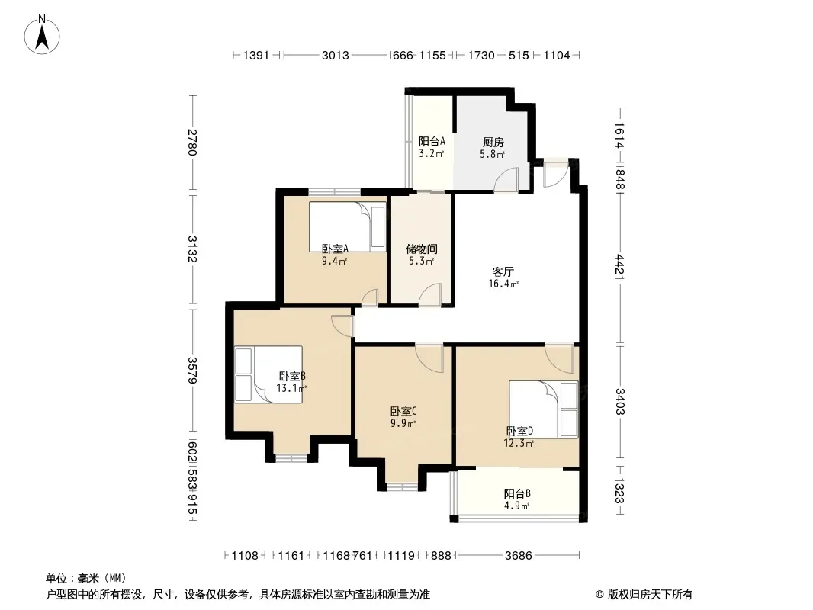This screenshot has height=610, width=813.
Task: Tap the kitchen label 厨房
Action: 493,142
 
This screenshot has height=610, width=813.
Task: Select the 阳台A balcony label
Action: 432,142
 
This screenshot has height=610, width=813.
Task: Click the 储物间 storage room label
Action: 421,249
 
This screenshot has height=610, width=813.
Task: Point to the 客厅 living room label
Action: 503,271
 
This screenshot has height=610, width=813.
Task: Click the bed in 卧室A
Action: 347,226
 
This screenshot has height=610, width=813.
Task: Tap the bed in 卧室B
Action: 268,374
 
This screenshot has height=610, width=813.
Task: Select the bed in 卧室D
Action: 543,409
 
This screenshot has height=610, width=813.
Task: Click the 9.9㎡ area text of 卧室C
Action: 403,423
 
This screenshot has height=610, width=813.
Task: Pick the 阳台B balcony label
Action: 517,494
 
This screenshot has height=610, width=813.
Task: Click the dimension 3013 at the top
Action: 335,55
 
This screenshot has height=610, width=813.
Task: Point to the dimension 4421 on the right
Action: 619,267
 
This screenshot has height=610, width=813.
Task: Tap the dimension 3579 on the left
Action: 192,370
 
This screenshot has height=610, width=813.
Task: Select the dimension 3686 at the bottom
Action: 519,556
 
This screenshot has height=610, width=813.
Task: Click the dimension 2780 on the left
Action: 192,142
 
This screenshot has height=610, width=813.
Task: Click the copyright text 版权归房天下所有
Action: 651,595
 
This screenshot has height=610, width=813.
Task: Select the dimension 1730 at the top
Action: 481,55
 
